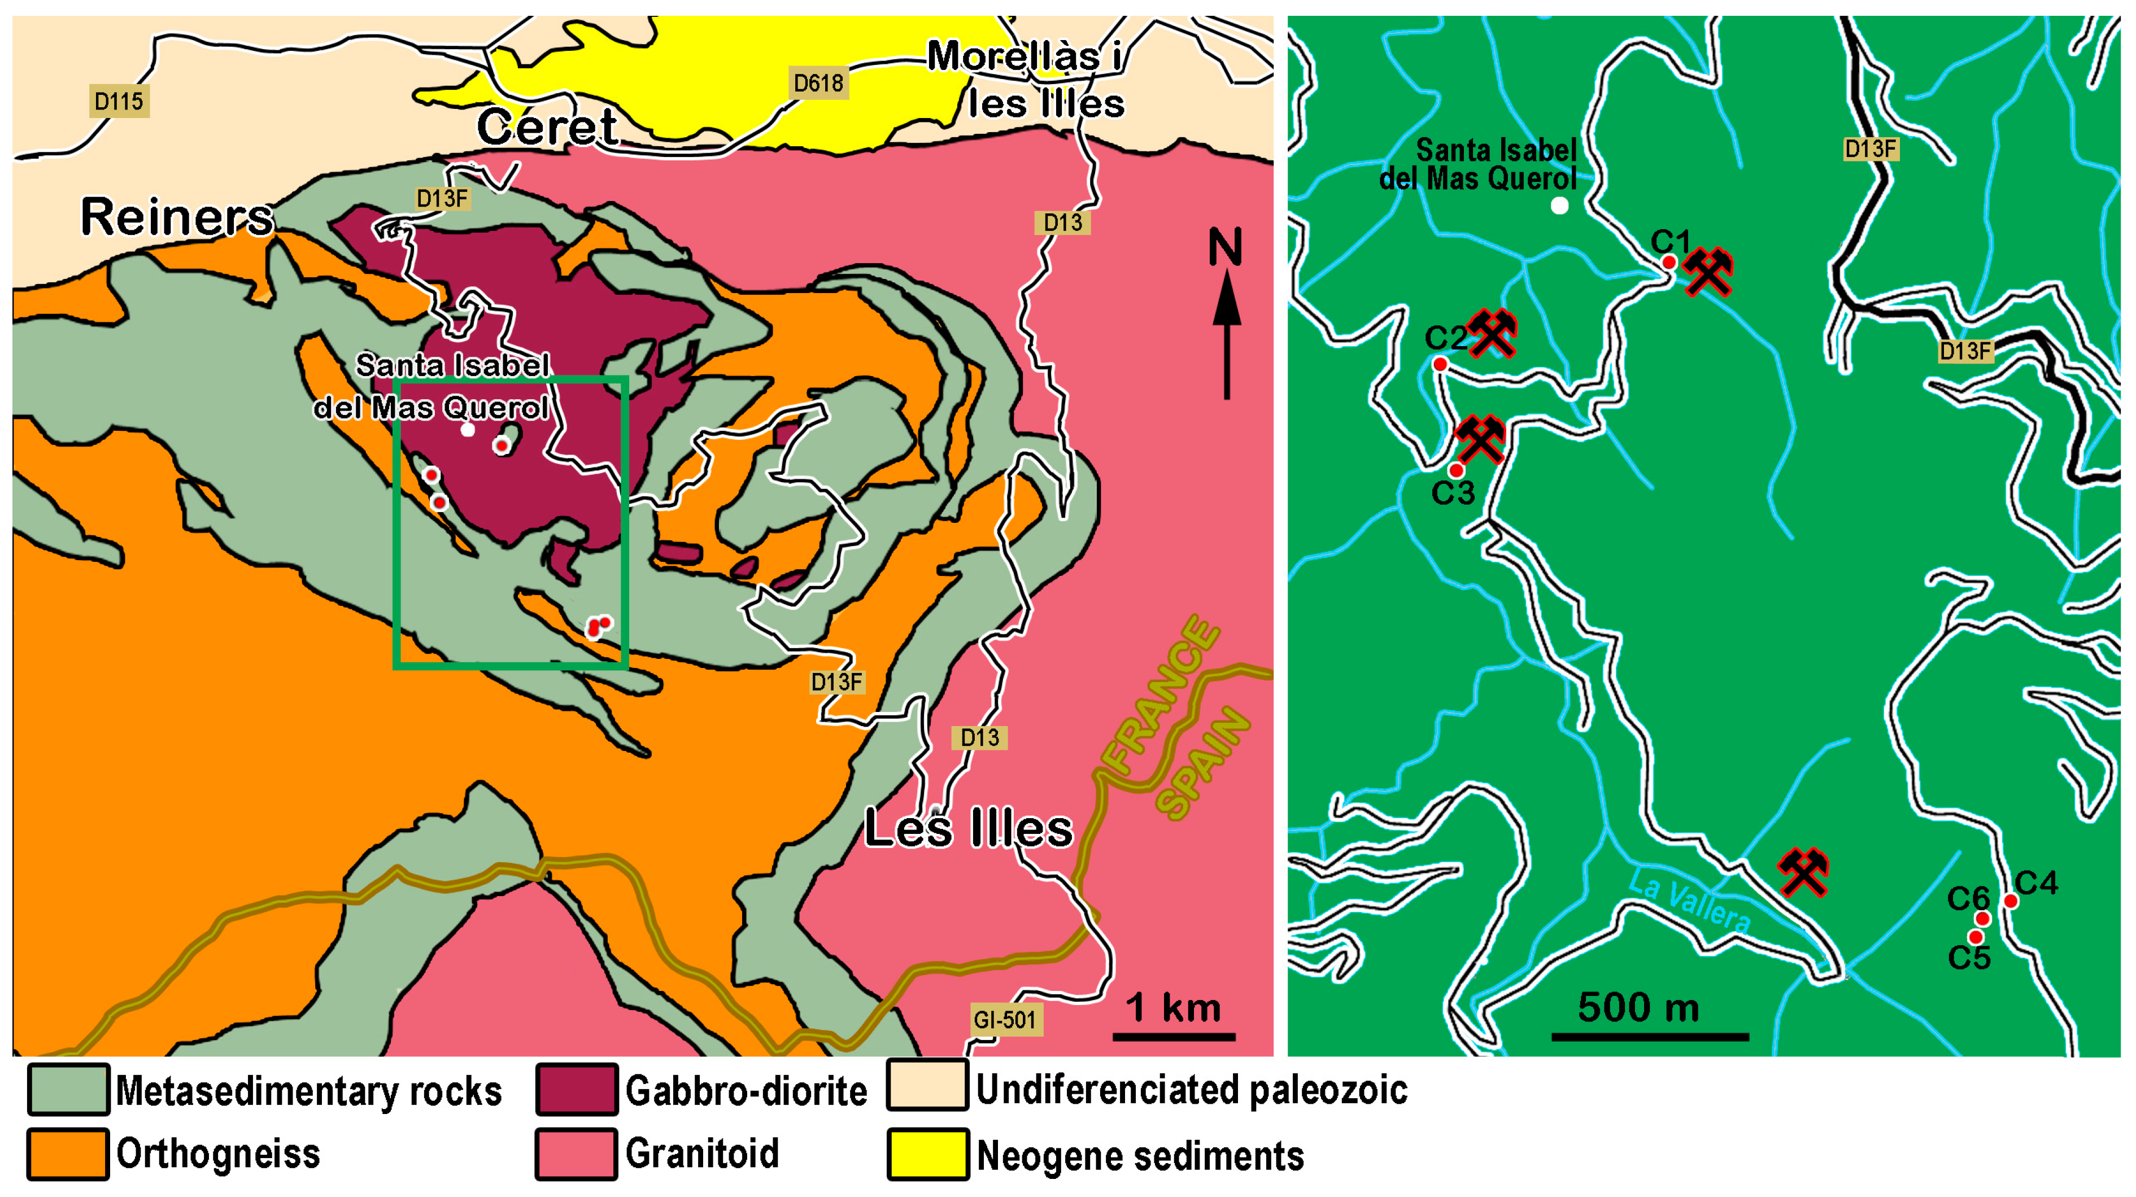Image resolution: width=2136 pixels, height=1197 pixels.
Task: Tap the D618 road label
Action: (818, 83)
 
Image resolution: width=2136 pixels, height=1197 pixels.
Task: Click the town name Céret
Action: (547, 127)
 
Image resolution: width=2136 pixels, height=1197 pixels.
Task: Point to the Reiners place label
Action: (177, 217)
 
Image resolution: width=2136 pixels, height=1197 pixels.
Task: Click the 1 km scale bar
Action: (1173, 1036)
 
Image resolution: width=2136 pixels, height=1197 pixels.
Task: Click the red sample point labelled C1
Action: (1669, 262)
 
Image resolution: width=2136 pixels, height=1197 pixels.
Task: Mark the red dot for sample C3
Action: (1456, 470)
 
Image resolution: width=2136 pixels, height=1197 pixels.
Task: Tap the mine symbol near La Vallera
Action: (1803, 871)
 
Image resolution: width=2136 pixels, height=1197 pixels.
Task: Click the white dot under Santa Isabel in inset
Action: (1560, 206)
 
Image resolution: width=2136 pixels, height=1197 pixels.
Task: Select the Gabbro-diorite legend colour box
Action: (576, 1089)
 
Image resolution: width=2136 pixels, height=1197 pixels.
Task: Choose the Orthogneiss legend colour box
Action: (67, 1153)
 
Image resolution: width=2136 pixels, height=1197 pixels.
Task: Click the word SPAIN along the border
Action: (1202, 763)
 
